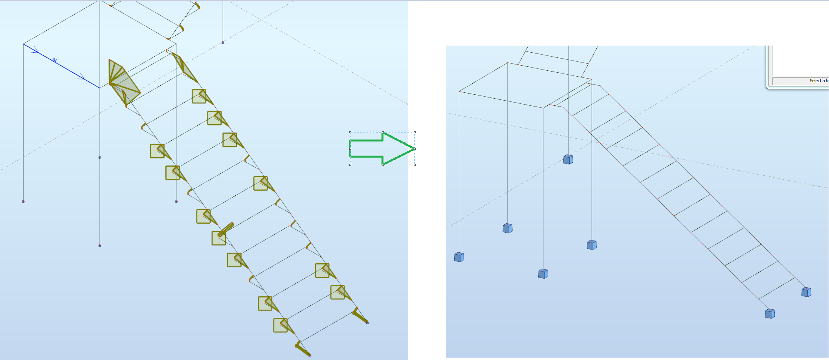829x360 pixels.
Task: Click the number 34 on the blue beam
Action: coord(55,60)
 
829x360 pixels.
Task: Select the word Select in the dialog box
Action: coord(815,81)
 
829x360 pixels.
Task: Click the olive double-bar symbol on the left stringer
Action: coord(226,229)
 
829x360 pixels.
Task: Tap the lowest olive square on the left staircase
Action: coord(280,325)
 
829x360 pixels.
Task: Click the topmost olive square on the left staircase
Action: coord(199,96)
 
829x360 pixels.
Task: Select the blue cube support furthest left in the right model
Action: coord(459,257)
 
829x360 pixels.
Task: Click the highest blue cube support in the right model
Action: coord(568,159)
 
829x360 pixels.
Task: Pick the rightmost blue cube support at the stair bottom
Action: coord(806,292)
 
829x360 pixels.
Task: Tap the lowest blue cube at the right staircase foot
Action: coord(770,314)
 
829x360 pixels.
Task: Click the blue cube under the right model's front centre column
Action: coord(543,274)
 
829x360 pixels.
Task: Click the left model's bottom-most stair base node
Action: coord(310,356)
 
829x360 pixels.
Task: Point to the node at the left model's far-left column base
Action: coord(23,201)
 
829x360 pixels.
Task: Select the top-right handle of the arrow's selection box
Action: coord(414,132)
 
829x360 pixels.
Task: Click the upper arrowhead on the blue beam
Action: coord(36,50)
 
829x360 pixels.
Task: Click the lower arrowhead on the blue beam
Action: coord(81,77)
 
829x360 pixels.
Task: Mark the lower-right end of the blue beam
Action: coord(99,88)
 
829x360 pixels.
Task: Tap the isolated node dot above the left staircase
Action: coord(223,42)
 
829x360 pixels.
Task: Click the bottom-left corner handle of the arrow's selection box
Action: coord(350,165)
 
